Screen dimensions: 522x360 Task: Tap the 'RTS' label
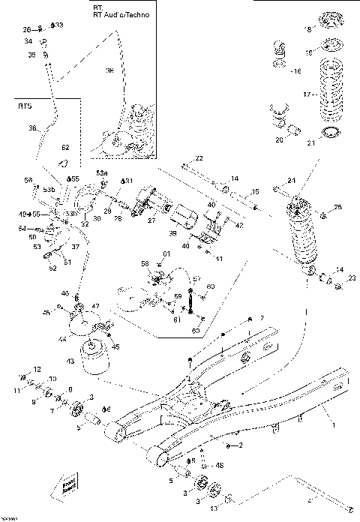(24, 106)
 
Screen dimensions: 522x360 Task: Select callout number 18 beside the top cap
(306, 29)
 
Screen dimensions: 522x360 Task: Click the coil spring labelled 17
(331, 94)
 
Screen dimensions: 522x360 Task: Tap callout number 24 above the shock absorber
(292, 180)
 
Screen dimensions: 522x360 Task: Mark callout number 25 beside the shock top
(337, 207)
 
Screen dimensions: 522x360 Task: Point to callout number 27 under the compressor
(151, 221)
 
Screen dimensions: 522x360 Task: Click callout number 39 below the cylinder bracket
(174, 233)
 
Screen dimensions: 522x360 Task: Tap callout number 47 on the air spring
(95, 306)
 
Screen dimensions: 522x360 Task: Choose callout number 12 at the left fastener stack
(35, 369)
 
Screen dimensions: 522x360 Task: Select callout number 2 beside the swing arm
(241, 445)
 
